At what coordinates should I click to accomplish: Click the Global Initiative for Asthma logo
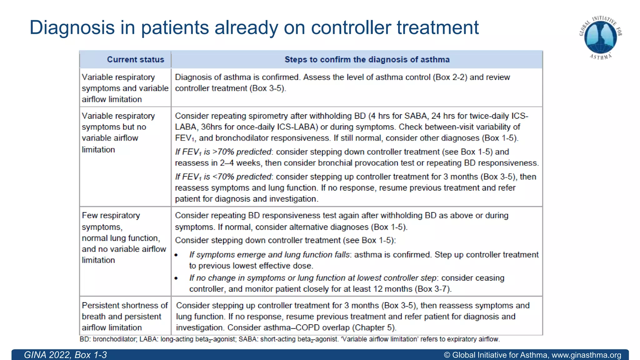[600, 37]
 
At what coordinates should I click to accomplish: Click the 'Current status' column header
[135, 59]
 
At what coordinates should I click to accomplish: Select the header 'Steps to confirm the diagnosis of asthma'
[367, 59]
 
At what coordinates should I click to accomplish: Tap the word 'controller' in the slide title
[351, 27]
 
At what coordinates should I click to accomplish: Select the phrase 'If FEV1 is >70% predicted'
[223, 152]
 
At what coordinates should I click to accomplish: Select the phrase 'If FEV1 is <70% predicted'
[223, 177]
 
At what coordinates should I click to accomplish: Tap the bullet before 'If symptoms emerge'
[176, 255]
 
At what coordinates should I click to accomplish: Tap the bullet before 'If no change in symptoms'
[176, 278]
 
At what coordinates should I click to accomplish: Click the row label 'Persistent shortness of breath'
[124, 316]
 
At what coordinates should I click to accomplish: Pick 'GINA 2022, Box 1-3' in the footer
[65, 355]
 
